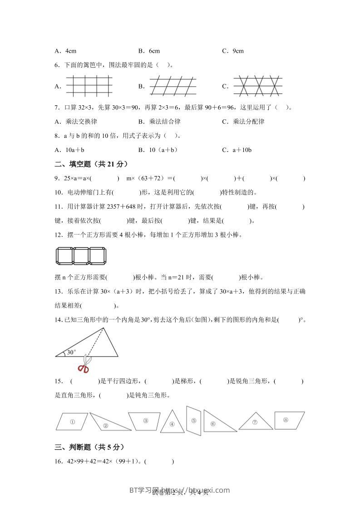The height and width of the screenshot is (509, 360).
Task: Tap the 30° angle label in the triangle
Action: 71,352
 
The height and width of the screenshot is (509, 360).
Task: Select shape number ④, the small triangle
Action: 172,421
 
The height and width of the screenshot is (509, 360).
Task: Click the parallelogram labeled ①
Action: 72,421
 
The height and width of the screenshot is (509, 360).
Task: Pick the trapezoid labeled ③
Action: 145,421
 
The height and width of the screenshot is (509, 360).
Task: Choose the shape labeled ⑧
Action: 289,420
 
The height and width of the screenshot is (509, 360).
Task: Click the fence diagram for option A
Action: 89,85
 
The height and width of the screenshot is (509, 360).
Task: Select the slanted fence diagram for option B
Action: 173,85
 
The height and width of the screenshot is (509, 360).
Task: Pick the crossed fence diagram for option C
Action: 257,85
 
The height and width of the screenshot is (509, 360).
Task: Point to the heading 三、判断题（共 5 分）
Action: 89,447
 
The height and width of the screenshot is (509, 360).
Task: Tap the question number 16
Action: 58,462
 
